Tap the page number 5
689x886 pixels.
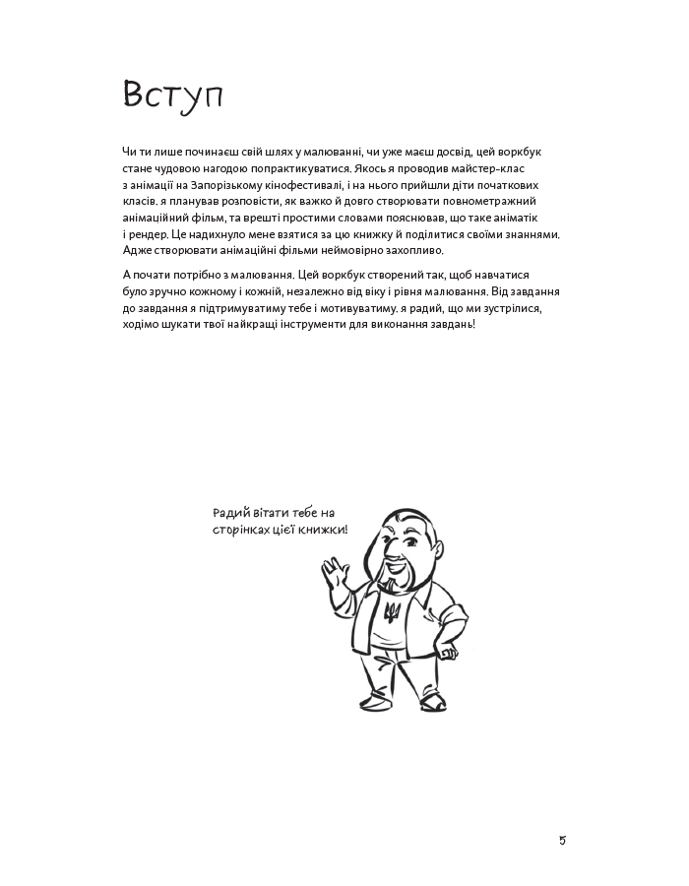pos(562,840)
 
